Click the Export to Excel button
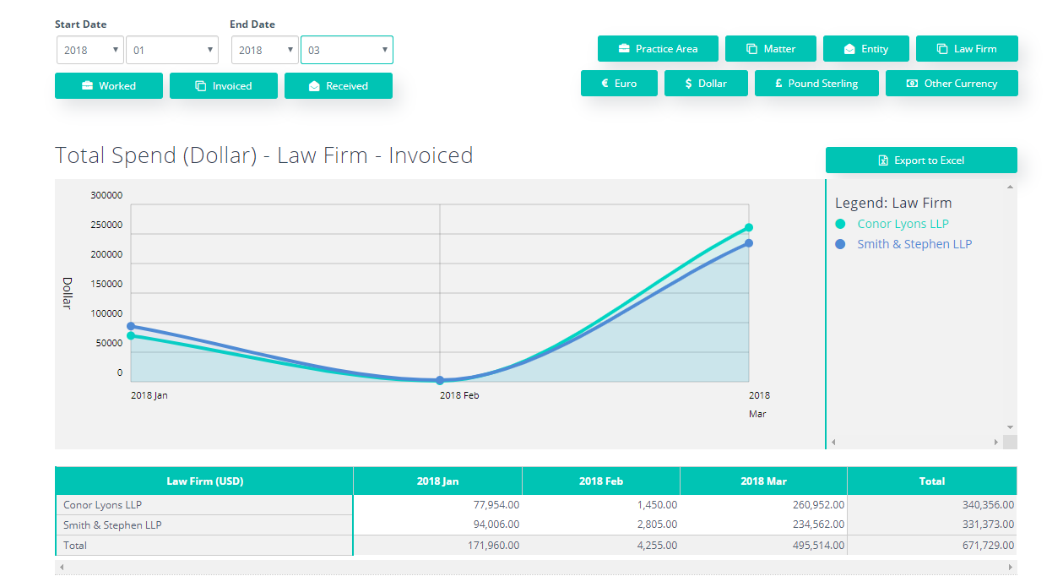tap(921, 160)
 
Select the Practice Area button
tap(658, 49)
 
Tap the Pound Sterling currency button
tap(816, 84)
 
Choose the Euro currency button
tap(619, 84)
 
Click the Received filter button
tap(338, 86)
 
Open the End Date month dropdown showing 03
tap(347, 50)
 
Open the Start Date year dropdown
tap(90, 50)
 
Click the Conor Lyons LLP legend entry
tap(903, 224)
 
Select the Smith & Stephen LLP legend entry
tap(914, 244)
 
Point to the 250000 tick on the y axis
tap(106, 225)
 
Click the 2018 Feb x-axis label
tap(460, 395)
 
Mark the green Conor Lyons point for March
tap(749, 227)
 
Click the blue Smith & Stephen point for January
tap(131, 326)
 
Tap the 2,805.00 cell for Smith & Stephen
tap(654, 525)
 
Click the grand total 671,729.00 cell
tap(984, 546)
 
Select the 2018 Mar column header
tap(763, 481)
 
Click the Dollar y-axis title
tap(68, 293)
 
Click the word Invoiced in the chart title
tap(431, 155)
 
